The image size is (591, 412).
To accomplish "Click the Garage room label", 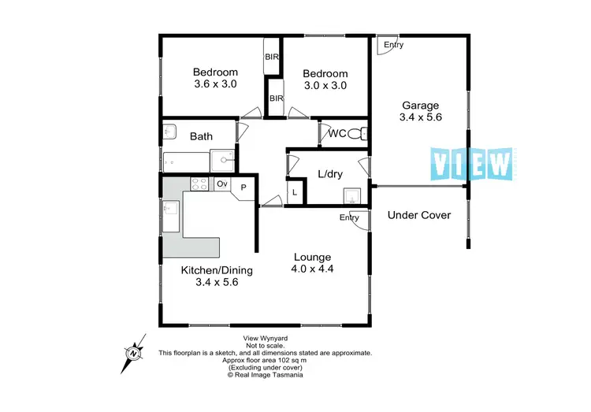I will click(421, 106).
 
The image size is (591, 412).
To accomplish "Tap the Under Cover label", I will click(419, 215).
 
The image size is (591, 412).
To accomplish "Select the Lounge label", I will click(312, 257).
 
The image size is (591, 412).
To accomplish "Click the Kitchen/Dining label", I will click(217, 270).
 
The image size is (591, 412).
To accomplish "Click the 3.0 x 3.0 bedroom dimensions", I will click(325, 85).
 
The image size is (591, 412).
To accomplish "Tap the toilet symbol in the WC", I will click(356, 133).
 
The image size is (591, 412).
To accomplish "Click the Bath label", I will click(201, 136).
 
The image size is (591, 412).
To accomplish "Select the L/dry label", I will click(329, 173).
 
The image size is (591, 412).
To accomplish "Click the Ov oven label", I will click(222, 184).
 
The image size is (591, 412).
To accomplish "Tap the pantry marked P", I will click(243, 187).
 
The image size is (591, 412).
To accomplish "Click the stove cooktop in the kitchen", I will click(199, 184).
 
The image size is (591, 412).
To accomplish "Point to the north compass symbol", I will click(132, 352).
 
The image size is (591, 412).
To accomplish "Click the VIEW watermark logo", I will click(472, 163).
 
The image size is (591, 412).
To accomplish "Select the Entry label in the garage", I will click(393, 45).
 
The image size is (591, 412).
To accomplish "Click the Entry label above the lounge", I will click(349, 217).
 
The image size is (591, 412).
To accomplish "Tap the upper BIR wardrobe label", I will click(272, 57).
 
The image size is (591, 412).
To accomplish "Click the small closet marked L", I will click(295, 191).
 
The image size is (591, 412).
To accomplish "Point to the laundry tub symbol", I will click(351, 194).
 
